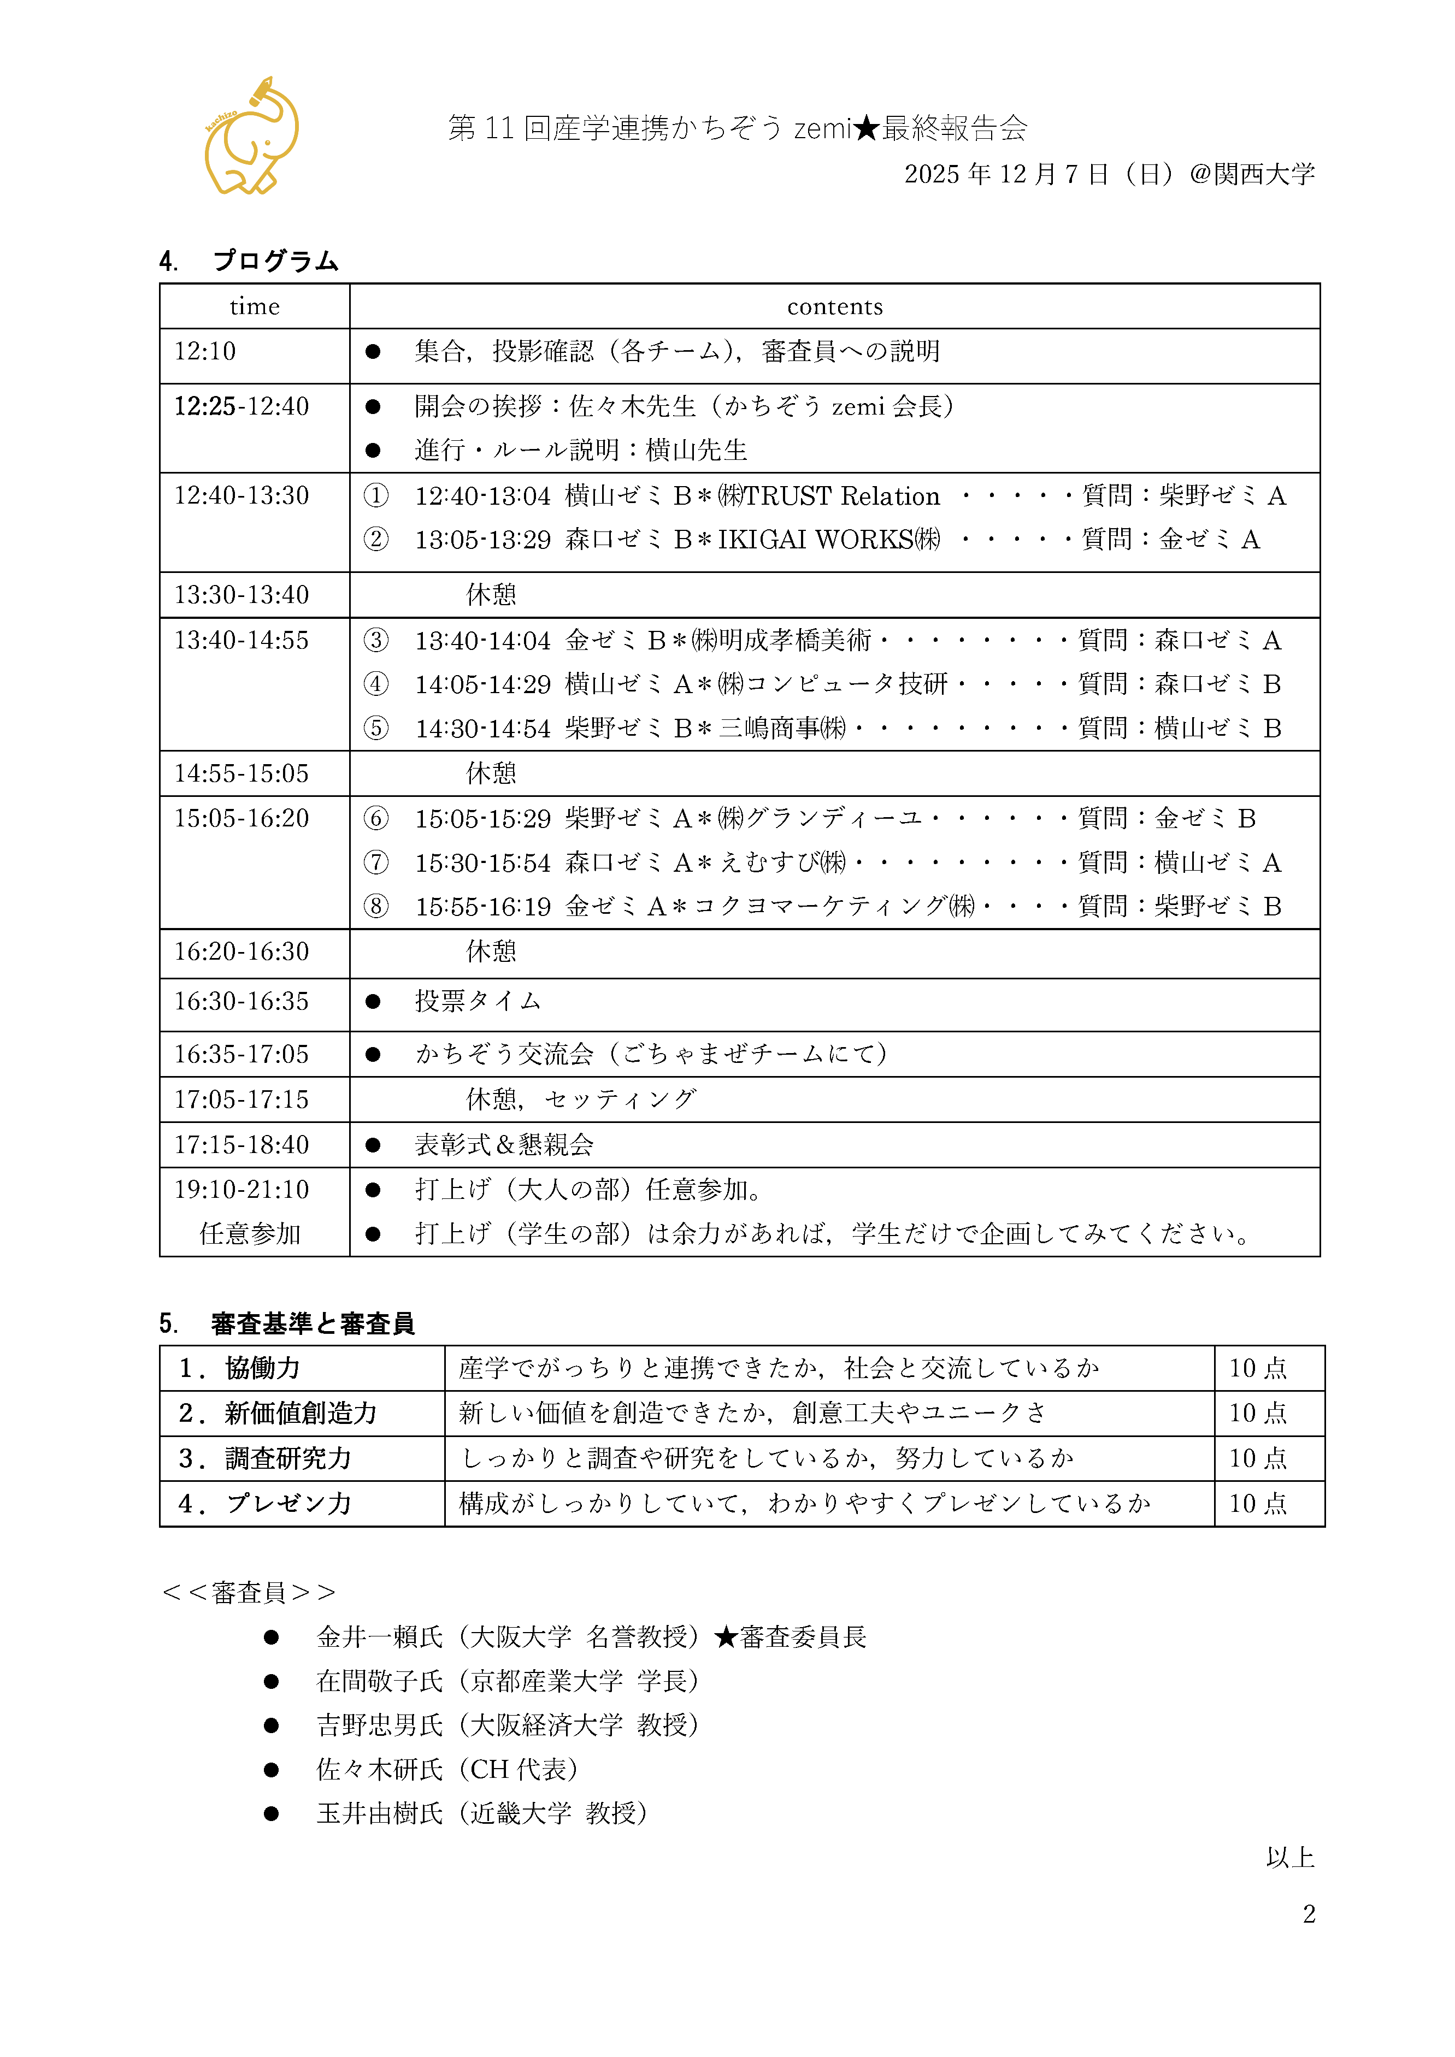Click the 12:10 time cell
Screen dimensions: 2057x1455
205,351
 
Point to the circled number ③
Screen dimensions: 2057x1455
375,640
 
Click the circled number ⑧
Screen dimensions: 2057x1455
375,907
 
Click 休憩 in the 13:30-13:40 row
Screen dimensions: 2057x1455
491,595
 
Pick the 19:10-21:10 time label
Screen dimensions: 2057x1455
241,1190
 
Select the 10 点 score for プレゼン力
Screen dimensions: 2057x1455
1257,1503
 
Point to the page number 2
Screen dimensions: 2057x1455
1309,1914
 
